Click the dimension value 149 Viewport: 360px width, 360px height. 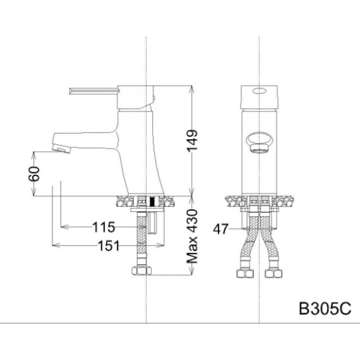point(193,141)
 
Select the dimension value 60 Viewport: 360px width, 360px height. point(34,174)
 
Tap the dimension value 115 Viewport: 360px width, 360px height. point(104,227)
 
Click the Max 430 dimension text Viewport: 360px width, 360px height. point(193,236)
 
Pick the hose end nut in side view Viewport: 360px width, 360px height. point(140,271)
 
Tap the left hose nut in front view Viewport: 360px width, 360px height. point(244,273)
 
